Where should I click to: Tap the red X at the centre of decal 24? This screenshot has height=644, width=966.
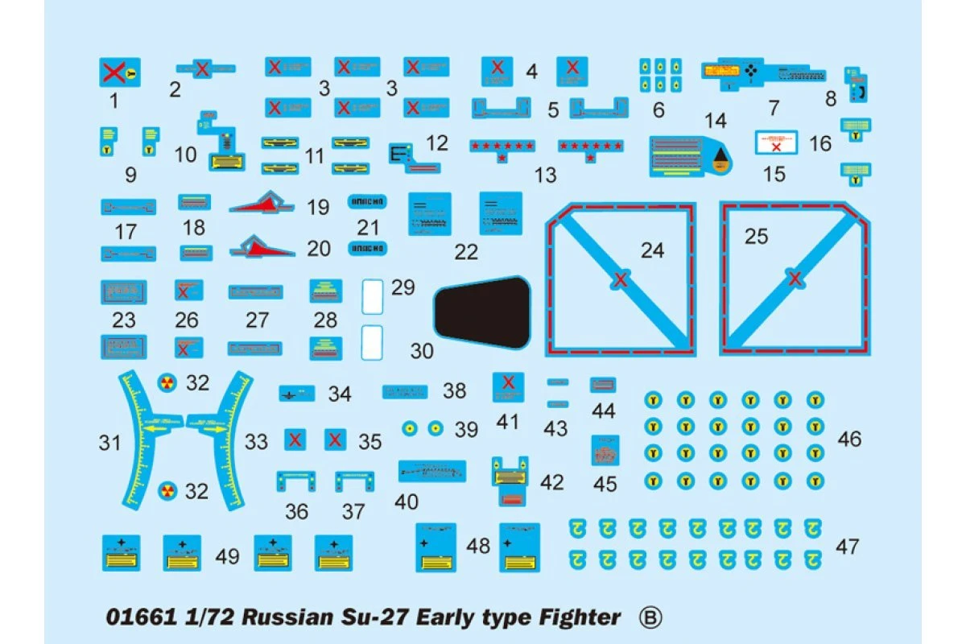point(620,280)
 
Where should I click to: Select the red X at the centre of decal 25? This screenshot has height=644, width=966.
point(795,279)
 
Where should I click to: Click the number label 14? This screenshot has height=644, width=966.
point(715,121)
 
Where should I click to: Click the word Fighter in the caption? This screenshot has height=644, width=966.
point(576,617)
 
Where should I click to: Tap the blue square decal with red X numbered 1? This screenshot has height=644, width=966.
point(119,73)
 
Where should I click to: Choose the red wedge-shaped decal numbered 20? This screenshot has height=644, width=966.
point(263,246)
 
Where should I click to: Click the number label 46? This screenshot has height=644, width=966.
point(849,439)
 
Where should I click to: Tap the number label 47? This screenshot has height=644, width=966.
point(848,547)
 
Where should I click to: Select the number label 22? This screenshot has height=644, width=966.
point(466,252)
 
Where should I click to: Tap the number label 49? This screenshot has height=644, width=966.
point(228,555)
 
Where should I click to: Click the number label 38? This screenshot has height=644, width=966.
point(455,391)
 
